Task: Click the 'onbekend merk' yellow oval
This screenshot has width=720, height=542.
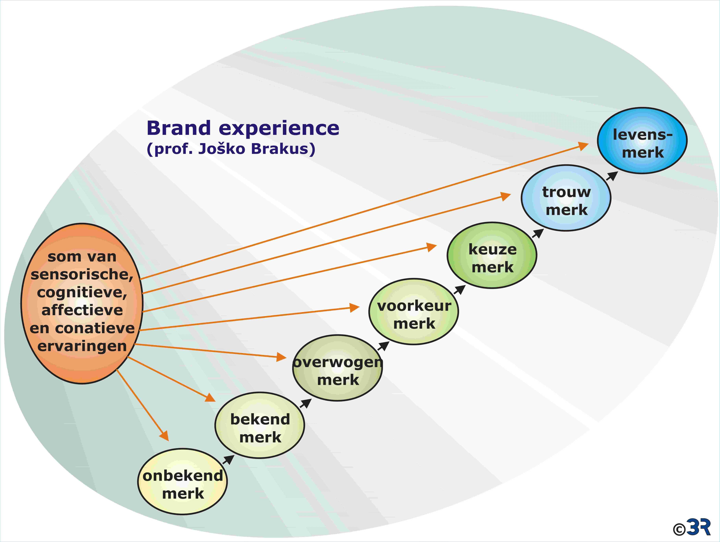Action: pyautogui.click(x=183, y=481)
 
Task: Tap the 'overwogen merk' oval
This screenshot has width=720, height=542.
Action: pyautogui.click(x=337, y=368)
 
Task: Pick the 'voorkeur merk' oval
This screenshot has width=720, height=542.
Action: pyautogui.click(x=414, y=311)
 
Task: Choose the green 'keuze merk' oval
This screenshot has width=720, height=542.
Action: pyautogui.click(x=492, y=255)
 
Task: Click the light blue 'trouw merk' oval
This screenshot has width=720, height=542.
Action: pyautogui.click(x=566, y=198)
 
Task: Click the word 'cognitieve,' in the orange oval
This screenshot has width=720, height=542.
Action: pyautogui.click(x=82, y=292)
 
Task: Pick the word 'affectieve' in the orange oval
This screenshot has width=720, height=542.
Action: pyautogui.click(x=82, y=310)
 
